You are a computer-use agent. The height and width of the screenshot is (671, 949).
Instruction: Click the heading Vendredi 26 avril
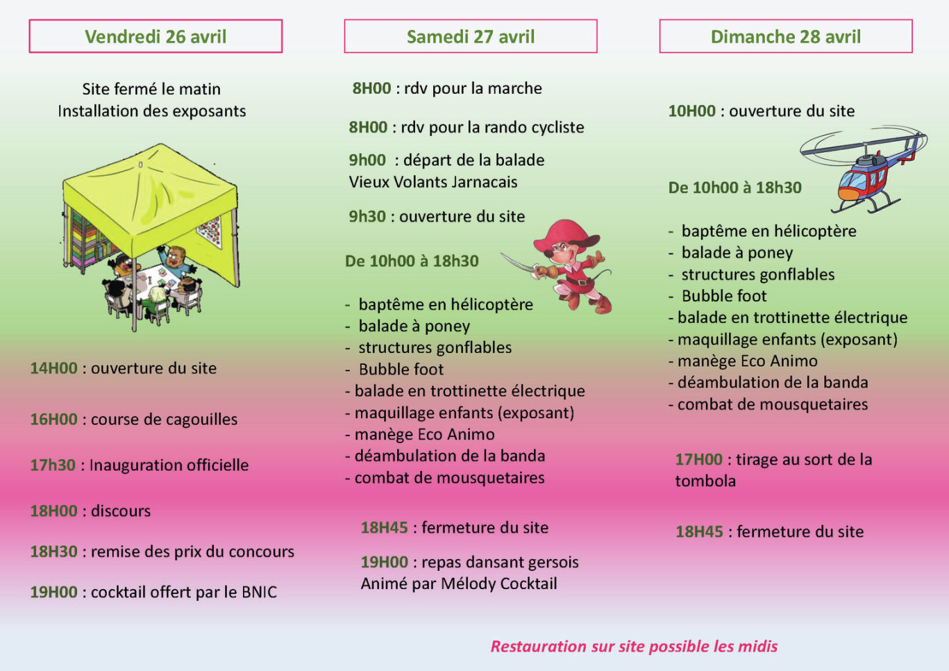[x=156, y=37]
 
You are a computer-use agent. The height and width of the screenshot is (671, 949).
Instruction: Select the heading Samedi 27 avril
[x=471, y=37]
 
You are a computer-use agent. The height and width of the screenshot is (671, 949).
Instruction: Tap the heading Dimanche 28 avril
[x=785, y=37]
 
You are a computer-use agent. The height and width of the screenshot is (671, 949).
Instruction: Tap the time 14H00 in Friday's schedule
[x=53, y=368]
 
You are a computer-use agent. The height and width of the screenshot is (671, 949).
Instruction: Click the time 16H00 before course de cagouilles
[x=53, y=420]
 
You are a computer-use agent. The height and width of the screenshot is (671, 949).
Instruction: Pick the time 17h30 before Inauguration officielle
[x=52, y=465]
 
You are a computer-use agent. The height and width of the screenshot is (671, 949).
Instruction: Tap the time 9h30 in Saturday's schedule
[x=367, y=217]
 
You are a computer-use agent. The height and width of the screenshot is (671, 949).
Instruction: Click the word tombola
[x=705, y=481]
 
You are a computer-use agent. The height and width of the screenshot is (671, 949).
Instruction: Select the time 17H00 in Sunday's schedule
[x=698, y=460]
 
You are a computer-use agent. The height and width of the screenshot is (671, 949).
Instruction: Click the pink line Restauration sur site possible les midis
[x=634, y=647]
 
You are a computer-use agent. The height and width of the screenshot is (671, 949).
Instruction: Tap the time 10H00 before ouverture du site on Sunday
[x=691, y=111]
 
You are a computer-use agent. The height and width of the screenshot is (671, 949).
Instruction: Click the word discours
[x=121, y=511]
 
